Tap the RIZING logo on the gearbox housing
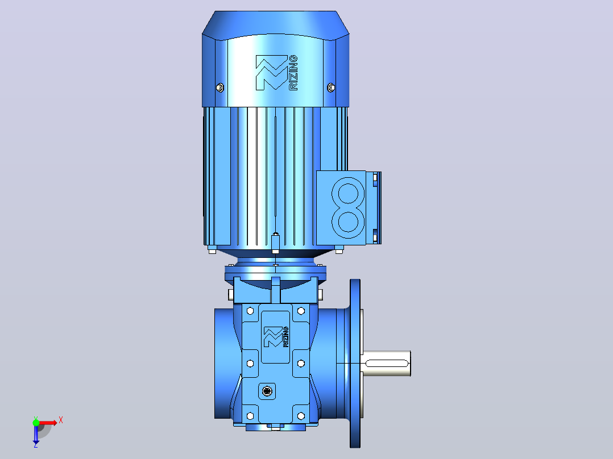coord(276,337)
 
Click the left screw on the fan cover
coord(220,87)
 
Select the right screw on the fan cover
coord(331,87)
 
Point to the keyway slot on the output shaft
coord(387,364)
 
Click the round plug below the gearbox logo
coord(267,391)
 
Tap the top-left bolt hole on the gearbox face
coord(250,311)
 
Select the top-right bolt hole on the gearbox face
coord(301,311)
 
